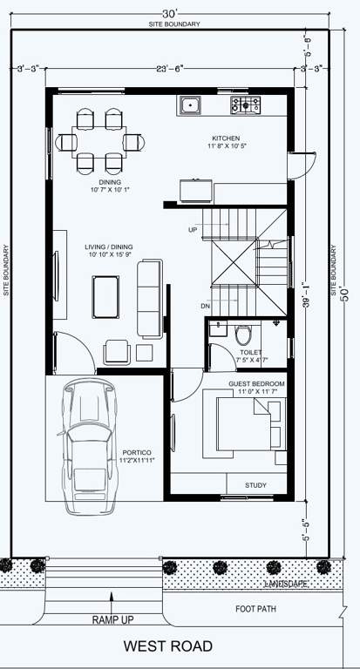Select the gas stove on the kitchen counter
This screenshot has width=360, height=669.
point(246,105)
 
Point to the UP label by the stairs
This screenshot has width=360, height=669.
point(193,230)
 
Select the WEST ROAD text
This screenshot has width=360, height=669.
point(167,646)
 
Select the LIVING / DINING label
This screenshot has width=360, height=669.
point(108,252)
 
